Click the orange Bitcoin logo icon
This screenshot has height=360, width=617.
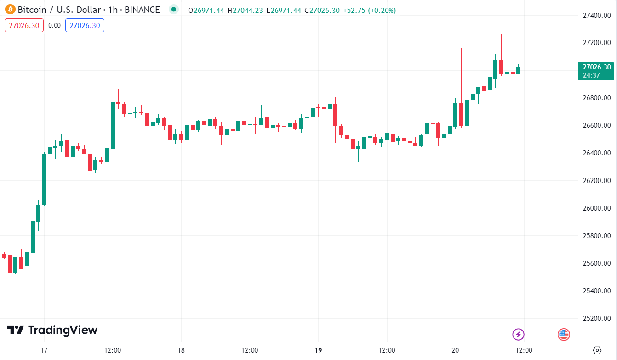click(10, 10)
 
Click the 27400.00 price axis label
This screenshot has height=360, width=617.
click(596, 16)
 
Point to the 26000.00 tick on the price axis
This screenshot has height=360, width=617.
click(596, 208)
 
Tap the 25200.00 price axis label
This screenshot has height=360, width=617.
click(596, 319)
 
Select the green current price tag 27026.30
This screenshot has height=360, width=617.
click(596, 67)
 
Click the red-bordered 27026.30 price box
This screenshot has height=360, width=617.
click(24, 25)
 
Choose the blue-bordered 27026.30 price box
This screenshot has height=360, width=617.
click(85, 25)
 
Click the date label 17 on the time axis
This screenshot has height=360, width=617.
click(44, 350)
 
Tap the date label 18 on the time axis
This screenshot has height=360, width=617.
click(181, 350)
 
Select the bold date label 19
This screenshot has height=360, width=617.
click(318, 350)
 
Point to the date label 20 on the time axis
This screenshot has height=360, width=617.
click(456, 350)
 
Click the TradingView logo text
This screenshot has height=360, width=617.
click(52, 330)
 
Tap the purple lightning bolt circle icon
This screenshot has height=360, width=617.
click(518, 334)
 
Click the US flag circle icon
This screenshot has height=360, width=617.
click(564, 334)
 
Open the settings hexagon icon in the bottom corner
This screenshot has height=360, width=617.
click(597, 350)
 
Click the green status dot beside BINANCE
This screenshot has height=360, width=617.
click(173, 10)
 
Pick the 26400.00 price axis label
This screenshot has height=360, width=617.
click(596, 153)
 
